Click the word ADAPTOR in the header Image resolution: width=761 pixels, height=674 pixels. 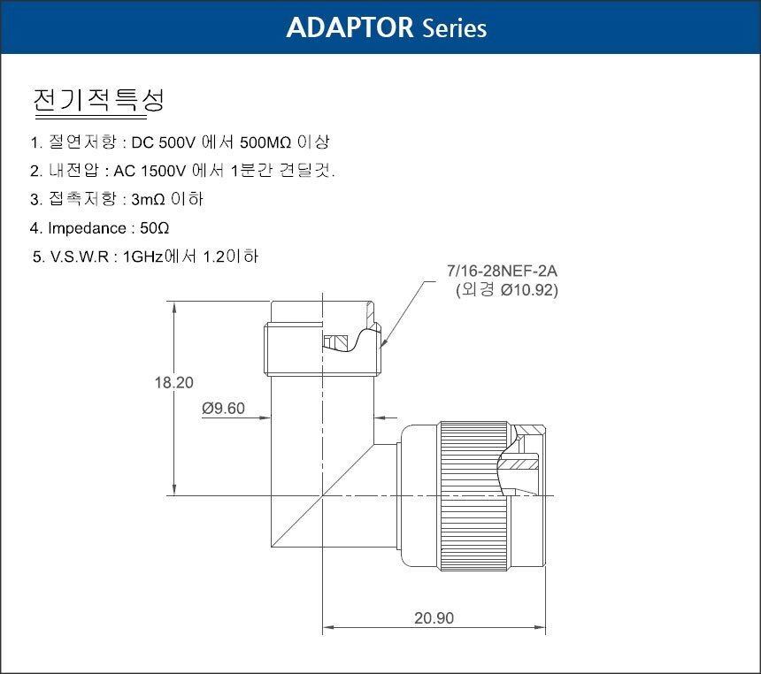pos(350,27)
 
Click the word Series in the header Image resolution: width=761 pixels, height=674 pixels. pos(455,28)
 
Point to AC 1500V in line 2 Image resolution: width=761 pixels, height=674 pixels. pos(150,171)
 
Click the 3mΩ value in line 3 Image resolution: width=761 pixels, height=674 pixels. pos(148,199)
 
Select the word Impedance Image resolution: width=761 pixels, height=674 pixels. pos(87,228)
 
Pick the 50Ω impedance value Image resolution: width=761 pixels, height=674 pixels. pos(154,228)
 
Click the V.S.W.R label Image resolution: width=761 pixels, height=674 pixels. pos(79,257)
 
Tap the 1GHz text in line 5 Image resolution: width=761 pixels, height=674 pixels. pos(143,257)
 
